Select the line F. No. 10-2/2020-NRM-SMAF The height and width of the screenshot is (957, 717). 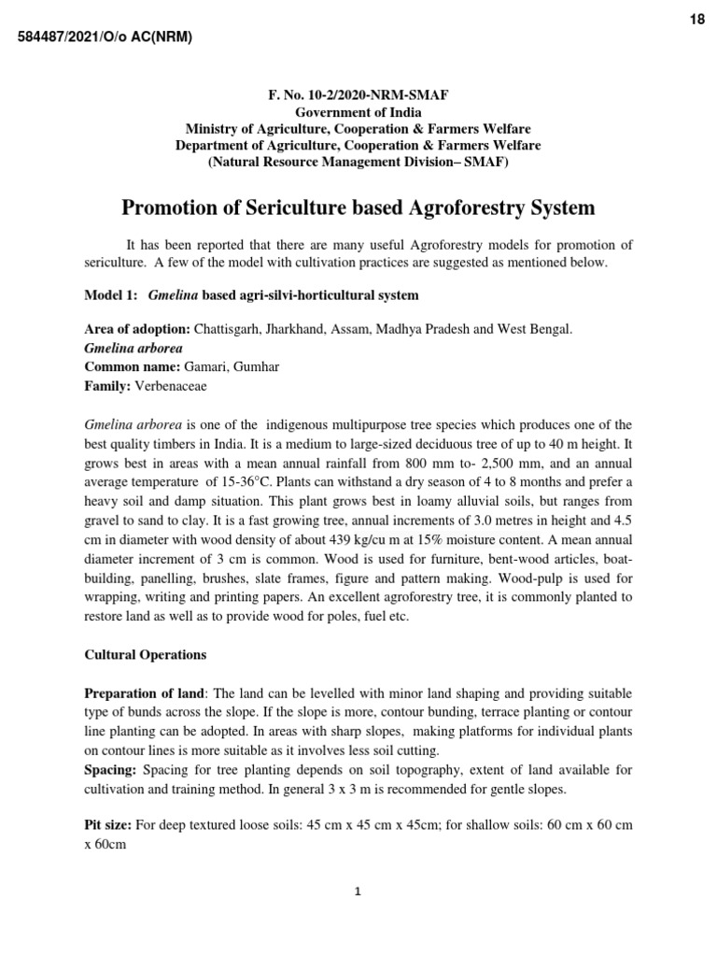point(358,96)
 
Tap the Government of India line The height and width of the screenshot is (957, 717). point(358,113)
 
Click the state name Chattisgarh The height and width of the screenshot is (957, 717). point(229,329)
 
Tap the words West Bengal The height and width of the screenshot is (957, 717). point(536,329)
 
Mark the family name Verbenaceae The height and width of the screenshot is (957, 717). point(172,384)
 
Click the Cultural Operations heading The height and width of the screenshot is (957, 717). point(145,653)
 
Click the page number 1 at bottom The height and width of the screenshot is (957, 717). point(358,892)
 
